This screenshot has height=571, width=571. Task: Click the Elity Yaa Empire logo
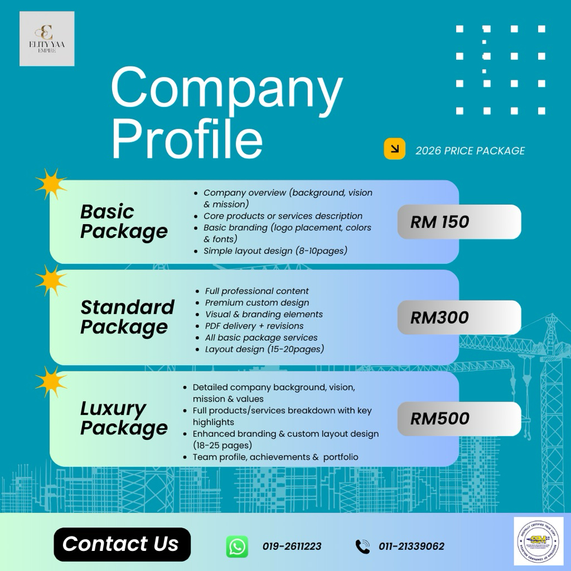click(47, 38)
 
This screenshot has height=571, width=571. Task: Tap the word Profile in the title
click(187, 137)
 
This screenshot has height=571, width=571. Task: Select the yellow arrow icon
click(394, 149)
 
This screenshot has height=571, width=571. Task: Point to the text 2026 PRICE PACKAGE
click(470, 151)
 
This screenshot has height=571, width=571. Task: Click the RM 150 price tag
click(459, 222)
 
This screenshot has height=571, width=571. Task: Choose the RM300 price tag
click(459, 318)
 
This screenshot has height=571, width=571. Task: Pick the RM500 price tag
click(459, 419)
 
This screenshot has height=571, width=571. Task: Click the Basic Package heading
click(124, 221)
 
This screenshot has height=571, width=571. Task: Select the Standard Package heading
click(127, 317)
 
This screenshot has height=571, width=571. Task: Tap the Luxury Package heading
click(124, 418)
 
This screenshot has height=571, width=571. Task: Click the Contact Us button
click(122, 544)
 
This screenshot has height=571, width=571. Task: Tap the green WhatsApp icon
click(237, 546)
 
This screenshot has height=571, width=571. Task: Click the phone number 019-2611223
click(292, 546)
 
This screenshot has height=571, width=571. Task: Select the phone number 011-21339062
click(412, 546)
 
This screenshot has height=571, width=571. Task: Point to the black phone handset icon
click(362, 546)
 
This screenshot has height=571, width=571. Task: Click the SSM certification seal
click(538, 541)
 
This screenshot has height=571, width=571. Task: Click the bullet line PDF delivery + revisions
click(254, 326)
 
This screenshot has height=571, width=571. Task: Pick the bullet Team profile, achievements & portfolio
click(275, 457)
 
